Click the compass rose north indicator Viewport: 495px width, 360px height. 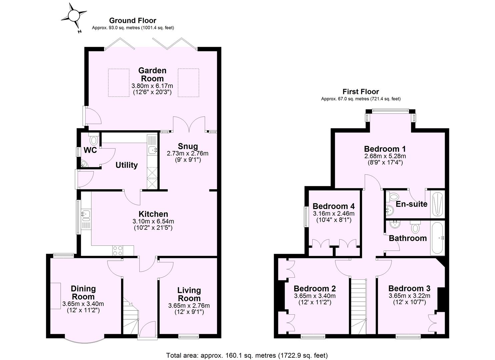pos(74,16)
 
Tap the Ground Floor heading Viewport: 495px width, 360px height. pos(133,21)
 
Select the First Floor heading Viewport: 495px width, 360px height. pos(361,92)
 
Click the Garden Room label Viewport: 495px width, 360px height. pos(152,75)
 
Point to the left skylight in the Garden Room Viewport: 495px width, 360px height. pos(118,83)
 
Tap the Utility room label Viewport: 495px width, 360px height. pos(126,165)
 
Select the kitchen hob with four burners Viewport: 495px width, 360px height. pos(118,250)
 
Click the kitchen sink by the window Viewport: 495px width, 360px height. pos(86,215)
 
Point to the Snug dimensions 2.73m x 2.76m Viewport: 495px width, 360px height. pos(188,153)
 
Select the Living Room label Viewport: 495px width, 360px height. pos(189,294)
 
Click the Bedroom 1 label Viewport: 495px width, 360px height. pos(385,149)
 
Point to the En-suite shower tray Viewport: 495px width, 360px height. pos(437,204)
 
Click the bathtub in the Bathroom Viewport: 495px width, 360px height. pos(437,238)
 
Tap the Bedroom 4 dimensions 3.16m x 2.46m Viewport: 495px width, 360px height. pos(333,213)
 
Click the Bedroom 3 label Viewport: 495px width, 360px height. pos(409,288)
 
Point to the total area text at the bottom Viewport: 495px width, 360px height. pos(247,355)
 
